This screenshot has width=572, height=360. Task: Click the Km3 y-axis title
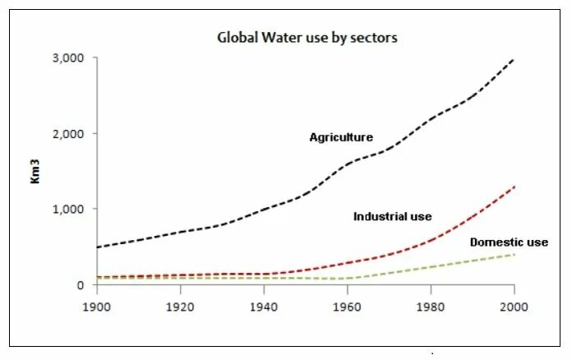pos(36,190)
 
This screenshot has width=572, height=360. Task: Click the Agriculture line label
pos(341,137)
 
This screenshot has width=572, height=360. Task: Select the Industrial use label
pos(392,217)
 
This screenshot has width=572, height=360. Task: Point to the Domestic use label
pos(509,242)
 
